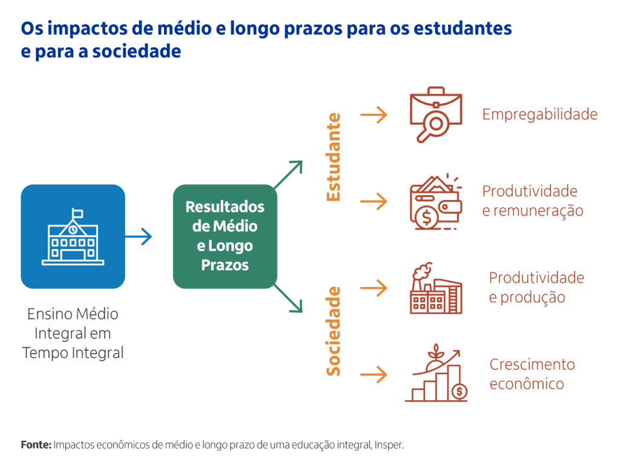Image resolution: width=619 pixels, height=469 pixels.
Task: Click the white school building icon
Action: click(x=73, y=236)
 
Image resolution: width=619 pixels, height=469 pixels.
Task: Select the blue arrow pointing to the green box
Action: click(x=138, y=236)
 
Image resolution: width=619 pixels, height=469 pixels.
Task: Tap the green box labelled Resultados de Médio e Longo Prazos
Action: click(x=225, y=236)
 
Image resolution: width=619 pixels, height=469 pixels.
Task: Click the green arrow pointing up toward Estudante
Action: click(x=288, y=174)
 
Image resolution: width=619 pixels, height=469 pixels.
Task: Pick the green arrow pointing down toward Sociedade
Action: click(x=288, y=299)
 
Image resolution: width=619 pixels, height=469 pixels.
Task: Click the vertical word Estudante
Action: click(x=334, y=157)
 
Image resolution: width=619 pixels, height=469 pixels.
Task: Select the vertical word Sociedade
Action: click(x=334, y=331)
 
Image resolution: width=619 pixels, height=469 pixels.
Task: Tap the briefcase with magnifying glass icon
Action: click(x=436, y=114)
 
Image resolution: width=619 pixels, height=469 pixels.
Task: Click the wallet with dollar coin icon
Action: click(x=436, y=201)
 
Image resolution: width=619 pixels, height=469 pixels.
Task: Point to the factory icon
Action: click(x=436, y=288)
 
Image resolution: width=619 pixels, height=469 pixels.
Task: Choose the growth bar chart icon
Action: click(x=436, y=373)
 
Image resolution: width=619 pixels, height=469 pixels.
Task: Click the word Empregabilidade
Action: click(x=540, y=114)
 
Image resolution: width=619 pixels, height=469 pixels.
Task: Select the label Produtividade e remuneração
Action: click(x=533, y=201)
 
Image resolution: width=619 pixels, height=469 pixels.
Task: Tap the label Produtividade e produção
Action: click(x=537, y=288)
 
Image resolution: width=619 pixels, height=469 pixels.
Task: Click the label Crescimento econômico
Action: click(x=532, y=374)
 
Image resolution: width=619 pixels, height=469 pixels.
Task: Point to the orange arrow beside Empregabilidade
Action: click(x=374, y=115)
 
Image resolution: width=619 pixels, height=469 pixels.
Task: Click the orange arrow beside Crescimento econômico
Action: click(x=374, y=375)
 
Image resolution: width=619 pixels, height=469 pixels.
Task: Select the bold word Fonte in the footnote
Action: click(x=36, y=445)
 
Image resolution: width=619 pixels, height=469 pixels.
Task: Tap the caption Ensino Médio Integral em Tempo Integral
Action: click(x=73, y=334)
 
